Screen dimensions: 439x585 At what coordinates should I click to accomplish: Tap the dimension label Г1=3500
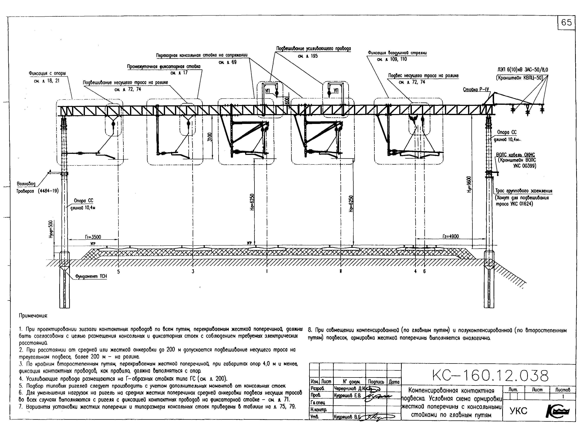(x=93, y=237)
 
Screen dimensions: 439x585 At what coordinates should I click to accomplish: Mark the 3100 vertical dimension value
(x=209, y=137)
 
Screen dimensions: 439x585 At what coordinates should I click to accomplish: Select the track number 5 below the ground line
(x=119, y=272)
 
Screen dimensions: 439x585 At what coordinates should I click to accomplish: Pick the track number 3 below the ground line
(x=193, y=272)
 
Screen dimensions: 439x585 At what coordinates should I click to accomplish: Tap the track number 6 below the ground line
(x=425, y=271)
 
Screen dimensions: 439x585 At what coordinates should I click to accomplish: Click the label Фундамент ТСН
(x=91, y=276)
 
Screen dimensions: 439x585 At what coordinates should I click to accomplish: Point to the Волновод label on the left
(x=26, y=184)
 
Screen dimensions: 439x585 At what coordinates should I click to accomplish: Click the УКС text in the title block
(x=518, y=411)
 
